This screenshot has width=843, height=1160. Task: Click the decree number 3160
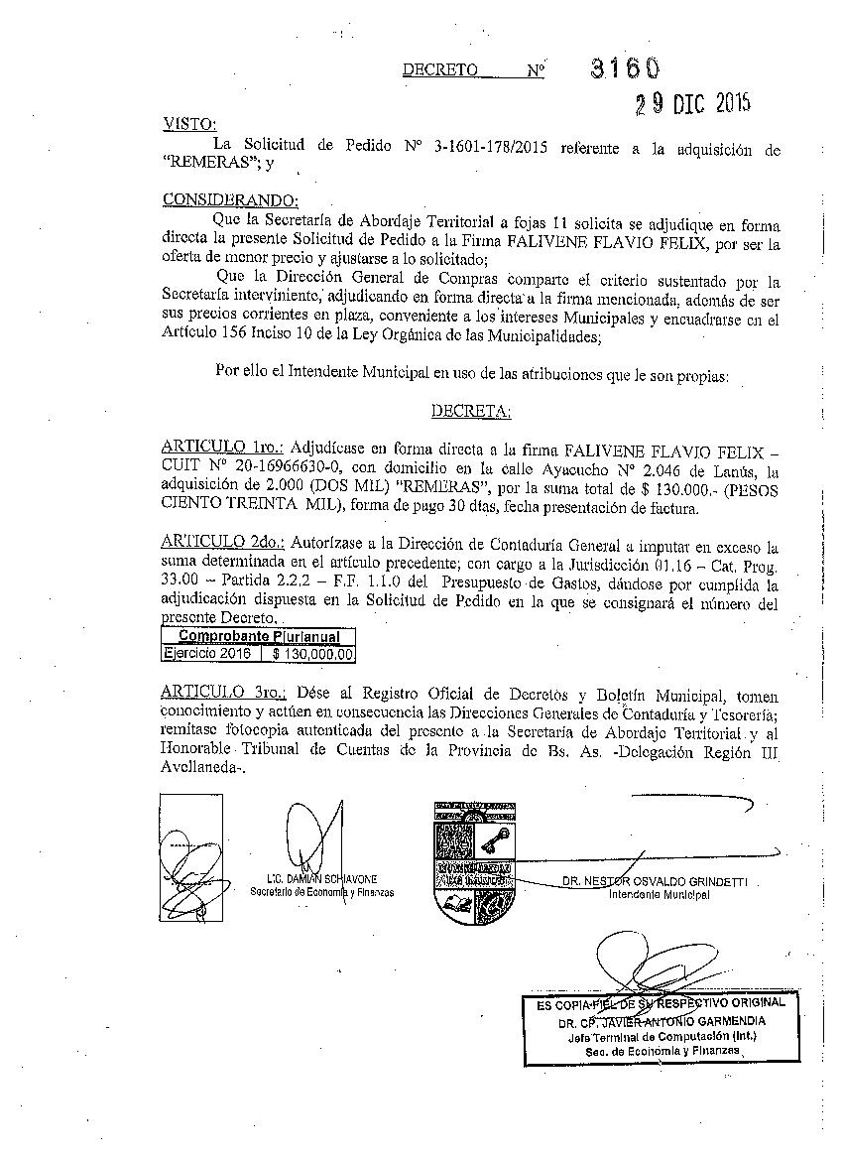tap(624, 67)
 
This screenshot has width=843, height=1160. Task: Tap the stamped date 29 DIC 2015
tap(693, 103)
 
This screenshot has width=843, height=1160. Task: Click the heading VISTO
tap(188, 124)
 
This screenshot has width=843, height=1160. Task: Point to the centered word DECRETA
tap(470, 410)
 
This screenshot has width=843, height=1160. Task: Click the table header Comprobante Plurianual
tap(258, 637)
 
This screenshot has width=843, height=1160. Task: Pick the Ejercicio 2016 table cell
tap(208, 654)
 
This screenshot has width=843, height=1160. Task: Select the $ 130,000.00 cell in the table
tap(311, 654)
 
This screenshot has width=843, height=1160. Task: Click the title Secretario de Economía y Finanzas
tap(321, 892)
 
